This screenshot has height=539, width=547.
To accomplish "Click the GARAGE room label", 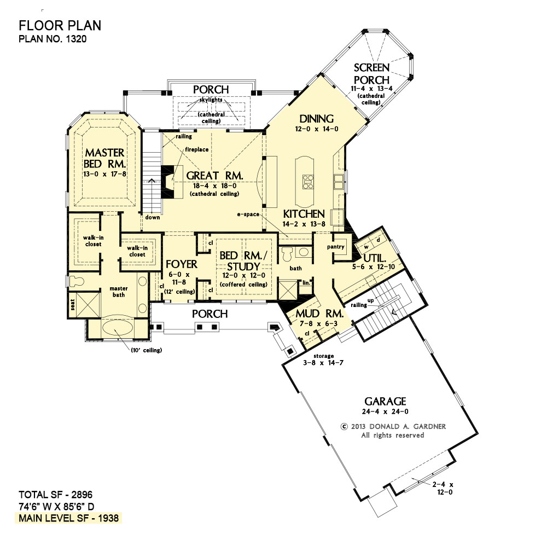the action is coord(385,401).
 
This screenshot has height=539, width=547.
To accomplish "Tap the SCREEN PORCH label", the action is coord(371,74).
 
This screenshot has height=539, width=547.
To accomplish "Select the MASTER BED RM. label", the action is coord(104,158).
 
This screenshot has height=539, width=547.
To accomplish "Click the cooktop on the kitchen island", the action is coord(307,182).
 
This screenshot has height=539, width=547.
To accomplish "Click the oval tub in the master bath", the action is coord(118,328).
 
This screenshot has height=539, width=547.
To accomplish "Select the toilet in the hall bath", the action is coord(287,254).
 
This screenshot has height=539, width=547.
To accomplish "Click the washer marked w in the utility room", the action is coord(366,247).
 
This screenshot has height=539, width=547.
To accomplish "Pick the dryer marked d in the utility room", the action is coord(378,240).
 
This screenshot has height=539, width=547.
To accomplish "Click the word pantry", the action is coord(336,247).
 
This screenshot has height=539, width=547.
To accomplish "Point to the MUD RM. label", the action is coord(319,314).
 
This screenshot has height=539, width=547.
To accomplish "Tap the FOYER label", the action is coord(182,264).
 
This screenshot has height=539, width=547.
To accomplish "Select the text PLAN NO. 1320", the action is coord(53,39).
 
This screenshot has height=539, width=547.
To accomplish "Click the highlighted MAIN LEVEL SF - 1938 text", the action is coord(69,518).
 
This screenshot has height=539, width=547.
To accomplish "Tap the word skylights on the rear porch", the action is coord(211,100).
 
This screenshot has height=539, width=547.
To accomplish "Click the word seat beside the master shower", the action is coord(73,304).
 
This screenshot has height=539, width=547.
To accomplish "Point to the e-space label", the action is coord(248,214).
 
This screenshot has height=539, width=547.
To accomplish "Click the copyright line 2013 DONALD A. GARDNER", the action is coord(393,426).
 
